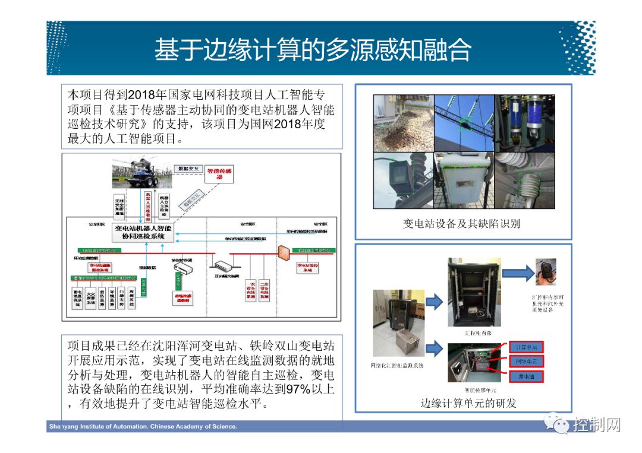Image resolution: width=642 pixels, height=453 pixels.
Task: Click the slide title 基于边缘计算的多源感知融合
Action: [313, 50]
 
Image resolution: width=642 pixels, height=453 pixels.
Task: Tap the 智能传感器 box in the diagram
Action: [219, 174]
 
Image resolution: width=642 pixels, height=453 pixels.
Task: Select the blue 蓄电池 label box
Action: [526, 376]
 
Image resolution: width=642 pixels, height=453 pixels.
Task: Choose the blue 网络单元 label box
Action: [526, 362]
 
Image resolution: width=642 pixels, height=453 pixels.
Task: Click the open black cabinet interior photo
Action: [474, 287]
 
